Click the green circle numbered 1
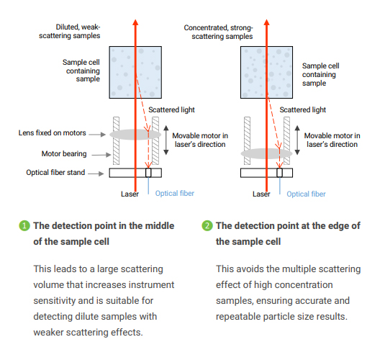(24, 225)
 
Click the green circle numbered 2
(207, 225)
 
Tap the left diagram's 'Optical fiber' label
(175, 194)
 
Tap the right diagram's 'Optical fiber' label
(306, 194)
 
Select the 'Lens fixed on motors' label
(53, 133)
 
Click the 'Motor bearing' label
(64, 154)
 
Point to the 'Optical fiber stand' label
(55, 173)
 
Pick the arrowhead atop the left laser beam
(135, 22)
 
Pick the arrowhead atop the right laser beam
(267, 22)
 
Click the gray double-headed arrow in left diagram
(166, 140)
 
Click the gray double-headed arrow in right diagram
(297, 140)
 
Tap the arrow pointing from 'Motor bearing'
(101, 155)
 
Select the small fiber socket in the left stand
(148, 173)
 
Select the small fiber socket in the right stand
(280, 173)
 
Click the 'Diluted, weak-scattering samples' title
(70, 31)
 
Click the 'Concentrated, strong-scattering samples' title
(219, 32)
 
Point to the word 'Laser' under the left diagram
(130, 194)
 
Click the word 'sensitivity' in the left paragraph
(53, 301)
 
